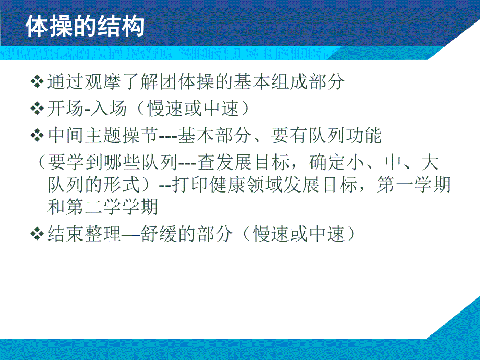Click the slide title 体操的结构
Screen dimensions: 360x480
coord(85,26)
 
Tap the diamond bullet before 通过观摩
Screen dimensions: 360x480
coord(37,82)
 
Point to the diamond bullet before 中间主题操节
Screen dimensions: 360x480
coord(37,136)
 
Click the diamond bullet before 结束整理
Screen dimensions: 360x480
coord(37,234)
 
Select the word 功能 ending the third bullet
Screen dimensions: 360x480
coord(365,136)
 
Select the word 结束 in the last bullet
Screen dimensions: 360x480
coord(65,234)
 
